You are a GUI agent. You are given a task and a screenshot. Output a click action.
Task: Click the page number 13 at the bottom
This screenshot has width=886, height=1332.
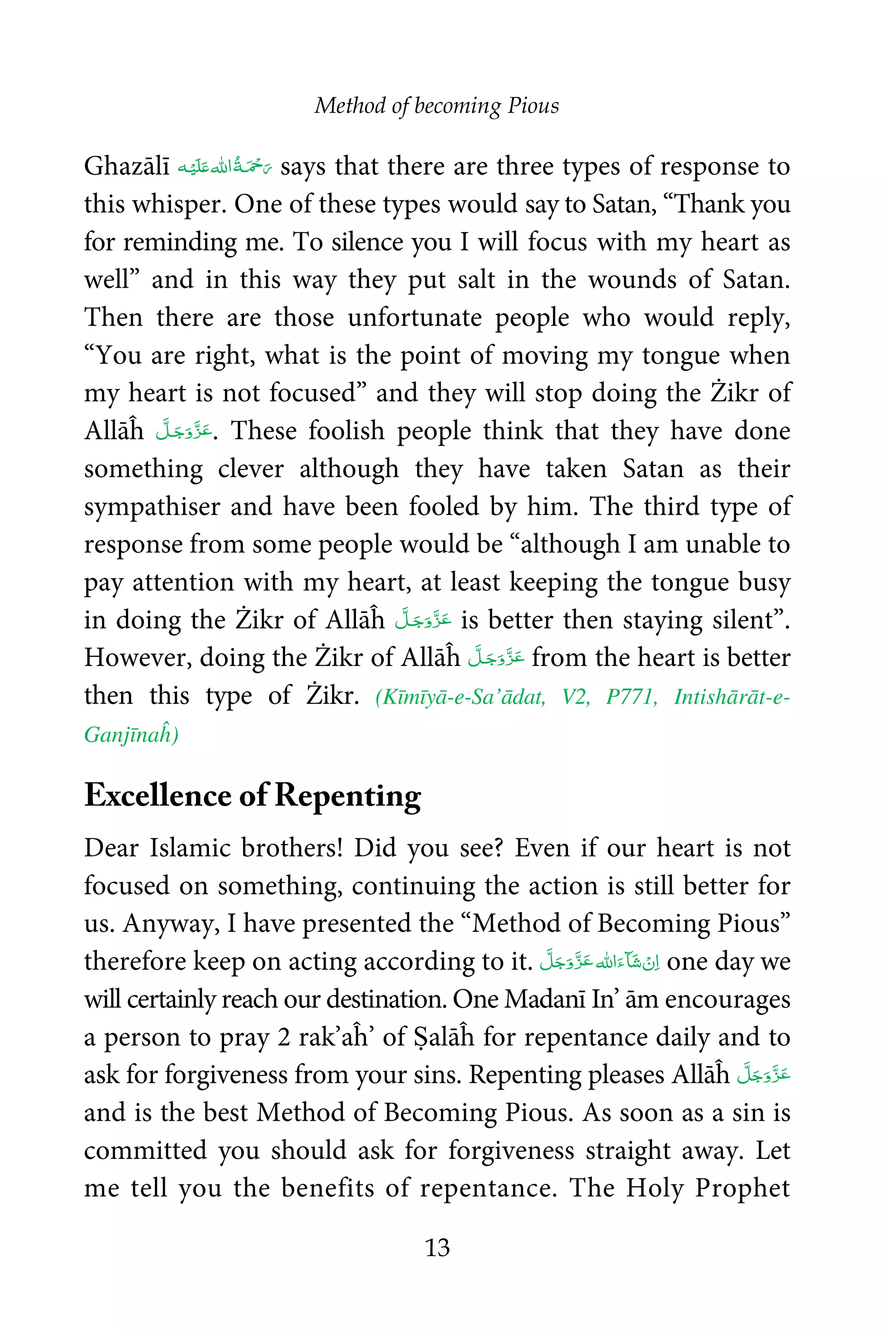(437, 1247)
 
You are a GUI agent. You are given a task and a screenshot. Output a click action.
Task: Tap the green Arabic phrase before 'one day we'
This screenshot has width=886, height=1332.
(600, 961)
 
